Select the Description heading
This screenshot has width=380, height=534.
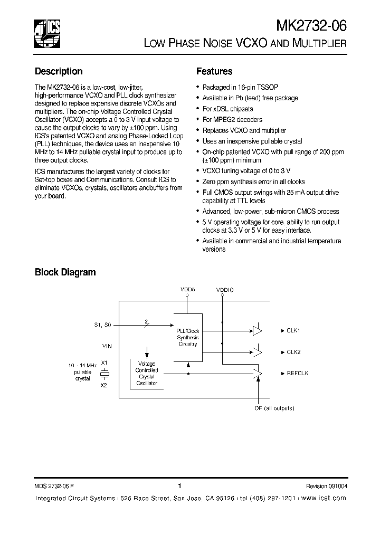click(x=59, y=71)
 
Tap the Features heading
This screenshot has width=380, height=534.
click(x=214, y=71)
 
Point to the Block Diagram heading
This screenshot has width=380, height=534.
click(x=65, y=272)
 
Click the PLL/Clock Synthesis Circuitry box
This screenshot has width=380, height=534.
click(x=187, y=337)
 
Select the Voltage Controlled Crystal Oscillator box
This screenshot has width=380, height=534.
click(x=147, y=374)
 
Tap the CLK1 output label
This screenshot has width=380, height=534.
click(x=293, y=331)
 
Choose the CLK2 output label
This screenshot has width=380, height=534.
click(x=293, y=352)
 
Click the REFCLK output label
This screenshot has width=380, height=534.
click(x=298, y=373)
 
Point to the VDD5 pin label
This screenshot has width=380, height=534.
click(x=187, y=290)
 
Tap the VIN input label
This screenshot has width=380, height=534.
click(x=107, y=346)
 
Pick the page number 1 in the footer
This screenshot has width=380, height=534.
click(x=179, y=486)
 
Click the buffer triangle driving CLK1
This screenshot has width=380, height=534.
click(x=257, y=331)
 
